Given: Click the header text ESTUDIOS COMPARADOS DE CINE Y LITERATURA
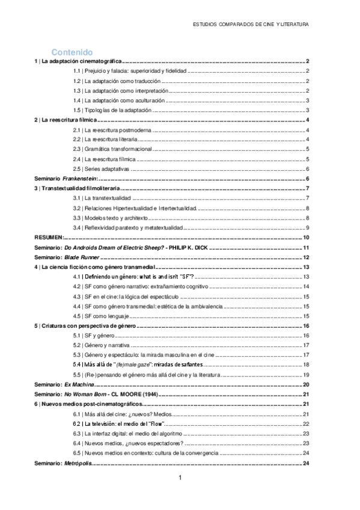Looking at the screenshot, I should pyautogui.click(x=251, y=25).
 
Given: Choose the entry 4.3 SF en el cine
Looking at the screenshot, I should pyautogui.click(x=124, y=296).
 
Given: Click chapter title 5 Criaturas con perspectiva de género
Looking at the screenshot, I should pyautogui.click(x=85, y=326).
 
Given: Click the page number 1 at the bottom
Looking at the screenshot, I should pyautogui.click(x=180, y=478).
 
